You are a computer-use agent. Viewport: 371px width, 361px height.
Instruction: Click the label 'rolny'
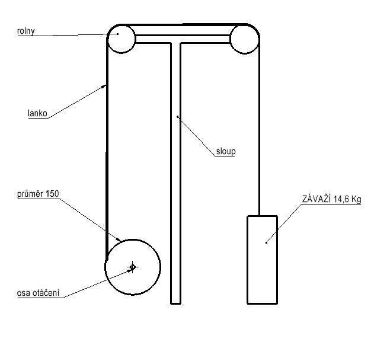tap(26, 31)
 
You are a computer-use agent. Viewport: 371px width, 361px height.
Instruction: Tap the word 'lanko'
tap(37, 113)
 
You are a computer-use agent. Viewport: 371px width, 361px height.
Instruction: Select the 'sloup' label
tap(226, 151)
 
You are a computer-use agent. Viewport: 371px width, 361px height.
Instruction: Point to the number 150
tap(52, 194)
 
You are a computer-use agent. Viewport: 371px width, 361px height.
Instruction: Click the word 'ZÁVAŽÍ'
tap(316, 199)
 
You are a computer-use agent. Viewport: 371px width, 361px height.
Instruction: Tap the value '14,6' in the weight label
tap(341, 199)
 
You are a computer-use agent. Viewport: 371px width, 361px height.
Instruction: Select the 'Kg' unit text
tap(356, 199)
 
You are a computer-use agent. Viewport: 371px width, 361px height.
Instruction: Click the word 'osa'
tap(24, 293)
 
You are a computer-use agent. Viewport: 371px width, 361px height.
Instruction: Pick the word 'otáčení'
tap(46, 293)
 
